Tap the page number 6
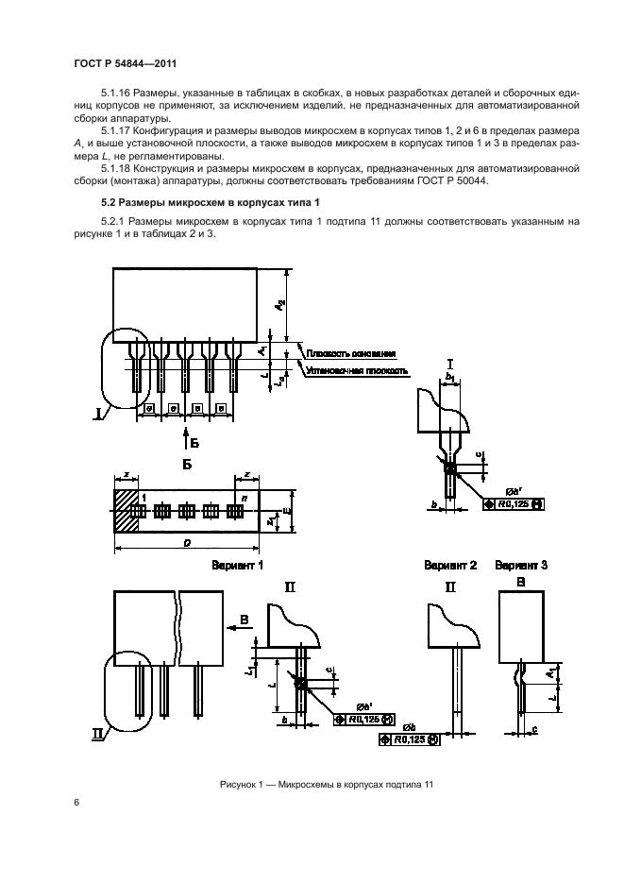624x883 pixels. pos(75,802)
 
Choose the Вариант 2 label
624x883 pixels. pos(450,565)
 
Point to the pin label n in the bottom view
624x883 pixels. pos(245,496)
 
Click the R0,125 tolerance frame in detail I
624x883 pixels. pos(513,504)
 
